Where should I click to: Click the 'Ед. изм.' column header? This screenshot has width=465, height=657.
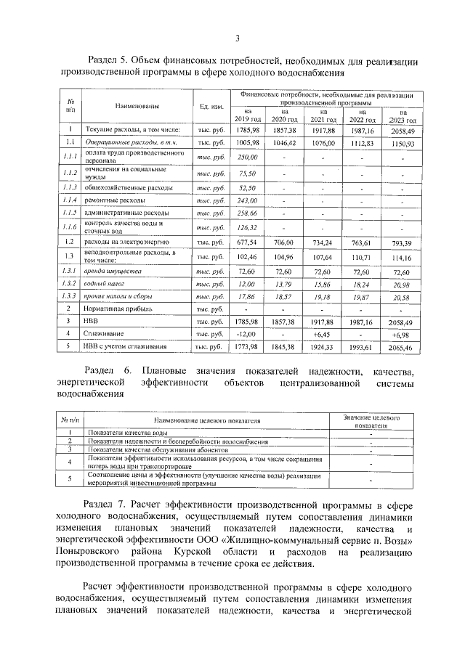(x=211, y=107)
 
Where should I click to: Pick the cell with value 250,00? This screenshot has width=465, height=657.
(x=248, y=158)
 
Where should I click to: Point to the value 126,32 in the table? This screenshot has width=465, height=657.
(x=248, y=227)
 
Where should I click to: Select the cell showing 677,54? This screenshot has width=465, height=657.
(x=248, y=242)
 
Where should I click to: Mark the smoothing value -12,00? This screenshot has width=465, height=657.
(x=248, y=334)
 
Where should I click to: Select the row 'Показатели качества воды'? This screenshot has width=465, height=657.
(x=124, y=433)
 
